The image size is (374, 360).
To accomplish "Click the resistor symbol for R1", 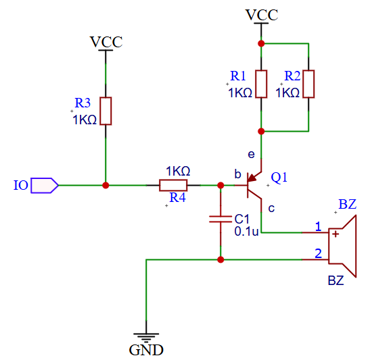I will point(261,84).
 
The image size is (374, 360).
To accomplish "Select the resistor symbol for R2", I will point(308,84).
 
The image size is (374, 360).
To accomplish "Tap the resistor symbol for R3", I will point(106,111).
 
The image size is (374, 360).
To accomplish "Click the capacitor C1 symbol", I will point(220,219).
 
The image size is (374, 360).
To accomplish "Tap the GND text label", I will point(146,351).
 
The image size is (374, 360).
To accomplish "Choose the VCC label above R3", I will point(106,42).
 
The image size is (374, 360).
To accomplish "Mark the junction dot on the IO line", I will point(106,184).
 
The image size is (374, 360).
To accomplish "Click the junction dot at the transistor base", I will point(220,184).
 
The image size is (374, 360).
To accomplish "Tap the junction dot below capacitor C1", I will point(220,259).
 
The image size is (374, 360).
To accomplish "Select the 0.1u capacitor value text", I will point(246,231).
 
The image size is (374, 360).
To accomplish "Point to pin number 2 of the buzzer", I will point(318,253).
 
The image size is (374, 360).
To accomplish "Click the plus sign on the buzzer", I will point(335,234).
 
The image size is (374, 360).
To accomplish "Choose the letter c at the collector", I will point(271,207).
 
